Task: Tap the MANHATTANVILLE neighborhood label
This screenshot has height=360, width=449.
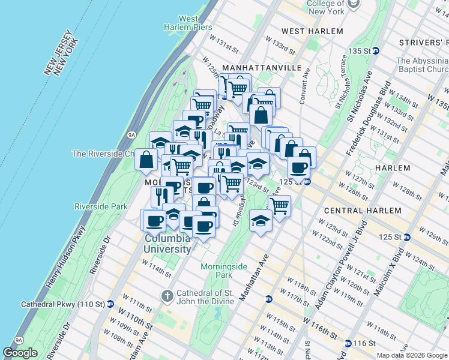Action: click(x=261, y=68)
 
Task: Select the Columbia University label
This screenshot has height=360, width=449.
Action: click(x=167, y=244)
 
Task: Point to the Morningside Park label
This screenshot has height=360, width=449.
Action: click(x=215, y=270)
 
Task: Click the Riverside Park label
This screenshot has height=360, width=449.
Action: click(x=101, y=206)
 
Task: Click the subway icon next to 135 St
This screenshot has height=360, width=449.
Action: click(x=376, y=51)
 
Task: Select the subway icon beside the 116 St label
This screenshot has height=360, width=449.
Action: click(x=348, y=343)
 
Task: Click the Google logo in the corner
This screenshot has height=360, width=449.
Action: click(x=20, y=353)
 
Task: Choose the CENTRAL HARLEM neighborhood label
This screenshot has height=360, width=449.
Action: click(x=362, y=211)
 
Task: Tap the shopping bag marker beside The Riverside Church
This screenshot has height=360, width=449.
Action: click(x=146, y=160)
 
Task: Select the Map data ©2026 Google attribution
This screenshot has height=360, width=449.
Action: click(x=412, y=355)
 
